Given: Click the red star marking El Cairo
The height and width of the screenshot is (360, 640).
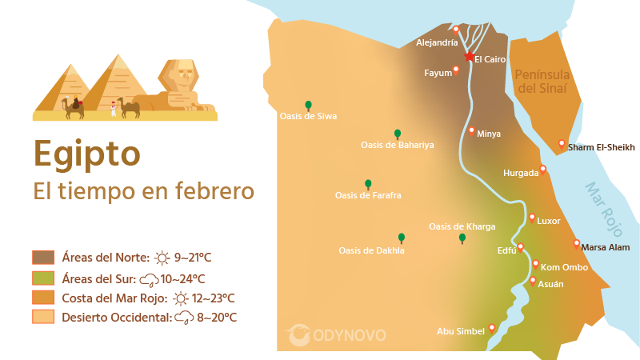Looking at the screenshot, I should (x=469, y=56).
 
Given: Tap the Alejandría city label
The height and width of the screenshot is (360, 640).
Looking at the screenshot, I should (x=437, y=42).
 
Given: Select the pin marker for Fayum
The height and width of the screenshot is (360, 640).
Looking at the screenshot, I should (x=456, y=70).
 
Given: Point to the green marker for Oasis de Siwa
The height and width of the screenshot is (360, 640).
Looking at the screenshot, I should (x=308, y=105).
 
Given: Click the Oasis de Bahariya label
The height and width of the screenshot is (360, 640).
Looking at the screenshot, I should (x=397, y=145).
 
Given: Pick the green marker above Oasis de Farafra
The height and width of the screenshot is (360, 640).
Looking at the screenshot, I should (x=368, y=184).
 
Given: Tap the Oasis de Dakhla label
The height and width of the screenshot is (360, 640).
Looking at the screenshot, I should (x=371, y=250).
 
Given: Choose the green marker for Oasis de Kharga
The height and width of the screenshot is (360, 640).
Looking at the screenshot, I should (x=462, y=238).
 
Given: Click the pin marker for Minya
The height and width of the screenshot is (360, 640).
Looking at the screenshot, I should (x=472, y=130).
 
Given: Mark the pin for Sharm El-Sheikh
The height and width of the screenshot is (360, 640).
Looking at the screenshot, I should (x=562, y=144).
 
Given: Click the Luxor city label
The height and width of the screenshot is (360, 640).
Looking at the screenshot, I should (x=549, y=221).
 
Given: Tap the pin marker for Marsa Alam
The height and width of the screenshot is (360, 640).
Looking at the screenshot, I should (x=576, y=244).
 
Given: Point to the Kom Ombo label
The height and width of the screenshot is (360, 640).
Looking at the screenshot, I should (x=565, y=267).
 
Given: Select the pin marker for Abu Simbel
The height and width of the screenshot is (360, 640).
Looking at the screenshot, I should (x=491, y=328).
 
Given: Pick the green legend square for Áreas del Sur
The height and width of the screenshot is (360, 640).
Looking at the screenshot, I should (x=42, y=278).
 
